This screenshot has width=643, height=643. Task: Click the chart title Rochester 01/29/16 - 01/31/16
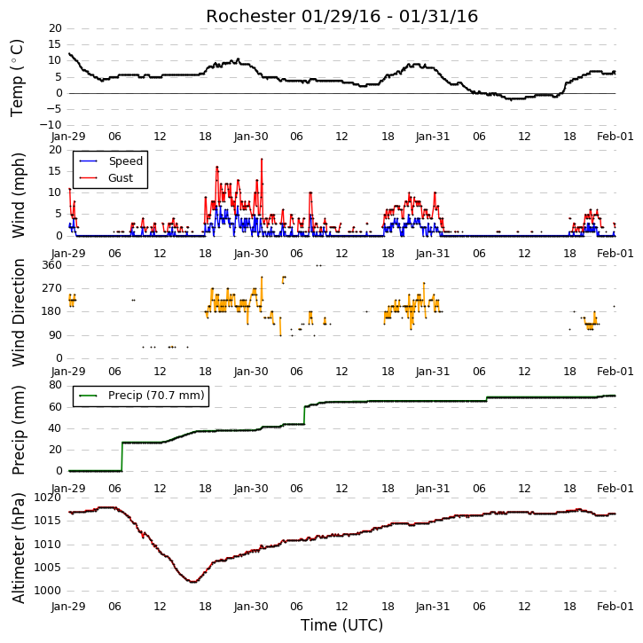[341, 16]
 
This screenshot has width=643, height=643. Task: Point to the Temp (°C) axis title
[17, 78]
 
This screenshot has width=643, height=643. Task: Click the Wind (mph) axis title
[19, 195]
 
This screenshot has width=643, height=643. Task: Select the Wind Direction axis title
[19, 312]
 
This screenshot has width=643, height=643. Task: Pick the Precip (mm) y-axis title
[19, 430]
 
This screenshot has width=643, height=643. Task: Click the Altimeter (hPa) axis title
[19, 547]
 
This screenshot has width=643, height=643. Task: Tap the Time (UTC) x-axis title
[341, 625]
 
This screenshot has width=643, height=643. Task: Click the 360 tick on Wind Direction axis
[52, 265]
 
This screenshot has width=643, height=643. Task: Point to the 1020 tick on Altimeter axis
[47, 498]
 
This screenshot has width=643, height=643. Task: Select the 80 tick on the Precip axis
[55, 385]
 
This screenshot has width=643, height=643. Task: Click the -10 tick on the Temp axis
[51, 125]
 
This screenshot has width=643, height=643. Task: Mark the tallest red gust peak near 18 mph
[262, 159]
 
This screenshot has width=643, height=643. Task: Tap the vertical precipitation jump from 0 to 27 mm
[122, 457]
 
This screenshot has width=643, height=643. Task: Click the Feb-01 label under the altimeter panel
[616, 606]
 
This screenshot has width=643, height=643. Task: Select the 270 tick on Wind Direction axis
[52, 288]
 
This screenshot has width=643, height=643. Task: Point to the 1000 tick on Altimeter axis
[47, 591]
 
